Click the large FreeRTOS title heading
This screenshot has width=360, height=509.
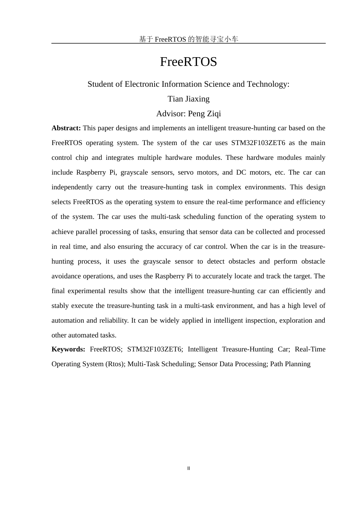[188, 62]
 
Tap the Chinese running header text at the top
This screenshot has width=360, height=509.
[188, 39]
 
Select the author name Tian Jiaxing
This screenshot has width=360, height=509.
[188, 99]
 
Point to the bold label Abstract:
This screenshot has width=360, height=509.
[66, 128]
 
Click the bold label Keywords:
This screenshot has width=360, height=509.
[68, 349]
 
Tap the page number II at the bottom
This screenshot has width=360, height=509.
[188, 468]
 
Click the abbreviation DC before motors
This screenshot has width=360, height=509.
[241, 172]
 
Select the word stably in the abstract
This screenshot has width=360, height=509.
[60, 306]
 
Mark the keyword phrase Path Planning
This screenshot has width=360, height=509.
[290, 364]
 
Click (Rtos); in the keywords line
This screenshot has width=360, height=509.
[115, 364]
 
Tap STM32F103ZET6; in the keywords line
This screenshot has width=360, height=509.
[155, 349]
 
